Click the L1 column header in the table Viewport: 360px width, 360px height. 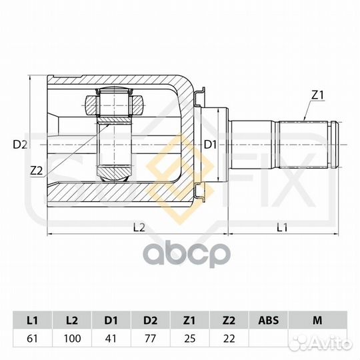click(x=33, y=320)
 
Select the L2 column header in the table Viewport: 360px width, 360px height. click(x=72, y=320)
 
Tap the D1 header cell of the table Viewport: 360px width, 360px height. click(x=111, y=320)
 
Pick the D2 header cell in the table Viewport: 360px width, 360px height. click(x=151, y=320)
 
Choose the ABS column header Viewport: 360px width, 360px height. click(x=268, y=320)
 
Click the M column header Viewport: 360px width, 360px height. click(x=317, y=320)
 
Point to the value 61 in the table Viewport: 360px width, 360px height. click(x=32, y=339)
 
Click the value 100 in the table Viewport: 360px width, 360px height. click(x=72, y=339)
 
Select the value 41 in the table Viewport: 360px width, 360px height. click(x=111, y=339)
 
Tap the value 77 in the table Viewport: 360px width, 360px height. click(x=151, y=339)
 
